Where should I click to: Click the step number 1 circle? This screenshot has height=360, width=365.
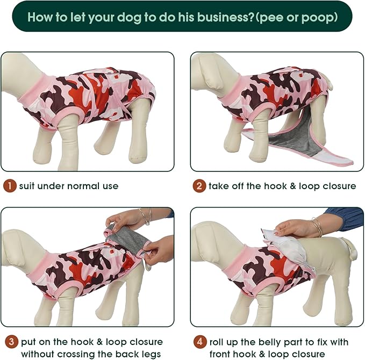point(10,186)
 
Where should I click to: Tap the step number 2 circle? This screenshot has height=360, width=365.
point(199,186)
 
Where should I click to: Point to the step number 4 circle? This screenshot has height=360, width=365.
point(199,342)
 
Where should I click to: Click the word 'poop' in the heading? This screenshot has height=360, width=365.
point(319,17)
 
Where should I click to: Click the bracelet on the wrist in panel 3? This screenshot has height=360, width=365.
point(146,216)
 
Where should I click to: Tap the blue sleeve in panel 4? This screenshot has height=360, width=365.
point(347,218)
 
